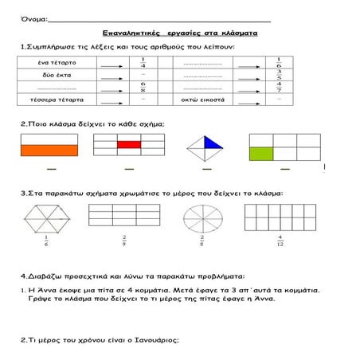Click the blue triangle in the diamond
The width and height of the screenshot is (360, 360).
point(213,142)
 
